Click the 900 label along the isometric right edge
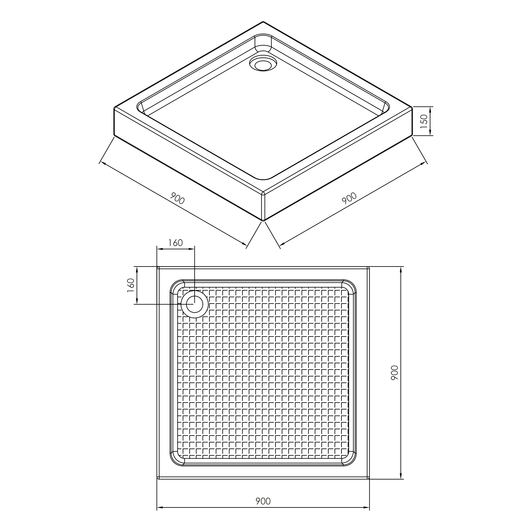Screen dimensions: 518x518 coord(349,198)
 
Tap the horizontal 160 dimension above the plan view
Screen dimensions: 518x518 coord(175,243)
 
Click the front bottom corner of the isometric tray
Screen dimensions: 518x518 coord(263,221)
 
